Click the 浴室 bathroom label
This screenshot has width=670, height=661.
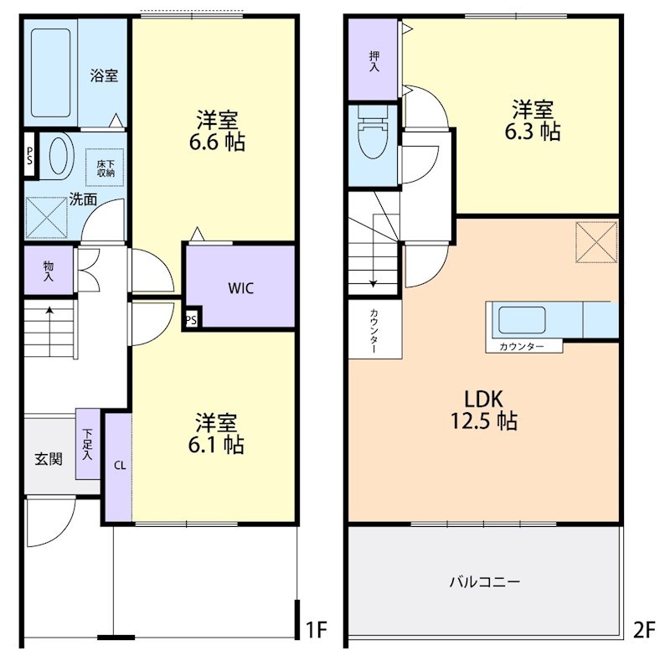tap(104, 75)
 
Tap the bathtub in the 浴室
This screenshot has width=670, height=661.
tap(51, 73)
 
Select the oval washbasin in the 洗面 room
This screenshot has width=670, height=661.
tap(59, 156)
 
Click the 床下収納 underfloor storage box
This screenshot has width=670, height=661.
tap(106, 168)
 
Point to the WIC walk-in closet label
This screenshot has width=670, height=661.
tap(240, 288)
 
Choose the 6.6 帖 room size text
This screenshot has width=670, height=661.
tap(217, 142)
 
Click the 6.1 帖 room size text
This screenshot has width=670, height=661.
tap(216, 445)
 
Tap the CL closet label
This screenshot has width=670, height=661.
tap(120, 466)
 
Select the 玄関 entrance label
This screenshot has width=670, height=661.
tap(49, 459)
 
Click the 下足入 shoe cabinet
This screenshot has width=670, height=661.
tap(88, 444)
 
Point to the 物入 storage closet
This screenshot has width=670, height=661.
tap(49, 271)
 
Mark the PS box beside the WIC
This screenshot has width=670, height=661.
tap(192, 319)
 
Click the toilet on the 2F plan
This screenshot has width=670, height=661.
tap(373, 132)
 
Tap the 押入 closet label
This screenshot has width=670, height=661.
tap(374, 61)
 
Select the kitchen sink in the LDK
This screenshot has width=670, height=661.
tap(522, 320)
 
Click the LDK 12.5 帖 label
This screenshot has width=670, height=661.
tap(484, 410)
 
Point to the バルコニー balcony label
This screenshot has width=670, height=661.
tap(485, 582)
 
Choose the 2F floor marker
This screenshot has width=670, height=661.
tap(644, 629)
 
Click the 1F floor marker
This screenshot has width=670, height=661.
tap(317, 629)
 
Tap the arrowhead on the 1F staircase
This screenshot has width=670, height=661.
tap(50, 309)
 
